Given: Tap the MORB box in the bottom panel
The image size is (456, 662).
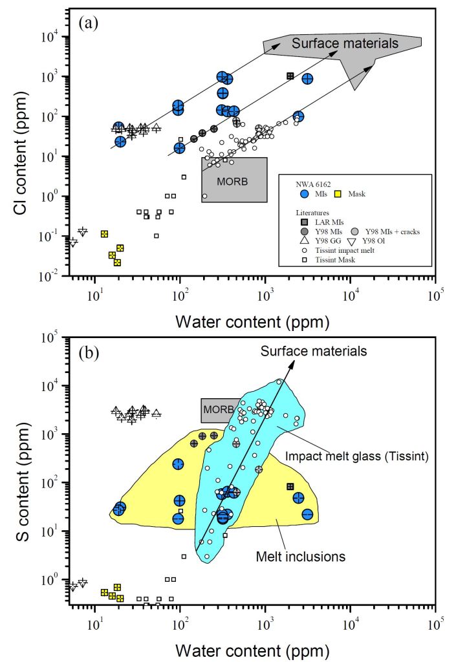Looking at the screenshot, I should [x=216, y=409].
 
